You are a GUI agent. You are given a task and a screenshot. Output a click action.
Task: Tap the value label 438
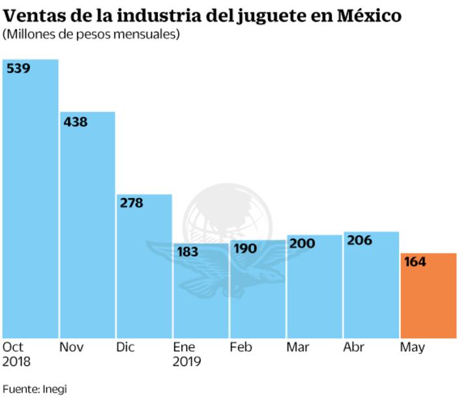(75, 121)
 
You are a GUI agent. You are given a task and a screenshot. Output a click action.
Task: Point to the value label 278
(132, 203)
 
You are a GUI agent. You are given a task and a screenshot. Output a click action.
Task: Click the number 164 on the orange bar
(415, 262)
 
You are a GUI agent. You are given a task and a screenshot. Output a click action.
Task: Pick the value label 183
(188, 251)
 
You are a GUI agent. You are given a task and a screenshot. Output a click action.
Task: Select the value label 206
(359, 240)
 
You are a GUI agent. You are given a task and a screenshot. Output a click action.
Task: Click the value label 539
(18, 68)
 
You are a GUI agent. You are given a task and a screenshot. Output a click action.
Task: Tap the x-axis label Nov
(71, 347)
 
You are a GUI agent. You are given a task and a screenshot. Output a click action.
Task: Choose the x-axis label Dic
(125, 347)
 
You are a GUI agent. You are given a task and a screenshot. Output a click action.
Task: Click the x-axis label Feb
(241, 347)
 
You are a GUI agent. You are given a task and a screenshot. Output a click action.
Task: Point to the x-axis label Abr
(354, 347)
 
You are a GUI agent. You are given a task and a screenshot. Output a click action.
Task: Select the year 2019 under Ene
(187, 361)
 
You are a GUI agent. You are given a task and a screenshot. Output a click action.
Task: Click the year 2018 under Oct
(17, 361)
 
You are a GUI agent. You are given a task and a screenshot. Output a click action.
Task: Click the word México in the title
(369, 15)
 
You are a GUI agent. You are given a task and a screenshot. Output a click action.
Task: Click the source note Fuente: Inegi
(35, 389)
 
